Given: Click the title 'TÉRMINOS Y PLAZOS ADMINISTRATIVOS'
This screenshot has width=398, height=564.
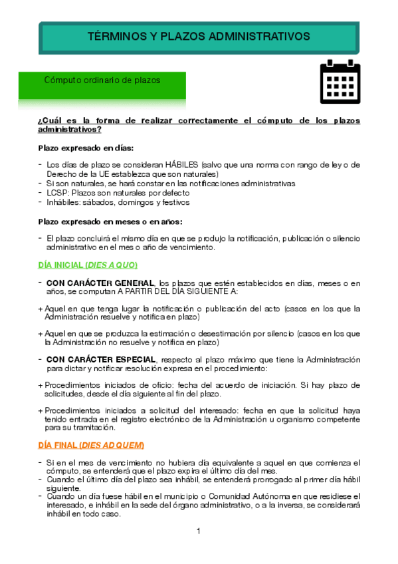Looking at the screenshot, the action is pos(199,36).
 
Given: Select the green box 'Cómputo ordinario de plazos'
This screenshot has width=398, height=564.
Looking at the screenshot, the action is pos(102,80).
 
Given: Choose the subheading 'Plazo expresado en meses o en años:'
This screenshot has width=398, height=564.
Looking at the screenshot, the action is pos(110,221).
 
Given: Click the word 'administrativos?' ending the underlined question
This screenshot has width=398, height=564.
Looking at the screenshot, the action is pos(70,130).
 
